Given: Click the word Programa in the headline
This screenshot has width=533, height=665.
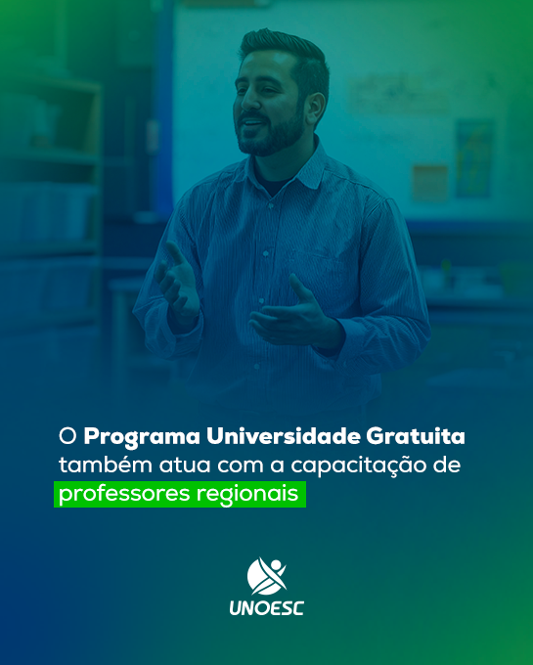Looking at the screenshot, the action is coord(142,437).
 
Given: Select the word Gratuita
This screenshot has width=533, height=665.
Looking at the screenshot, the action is coord(416,435).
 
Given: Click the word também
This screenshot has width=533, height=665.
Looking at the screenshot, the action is coord(106,464).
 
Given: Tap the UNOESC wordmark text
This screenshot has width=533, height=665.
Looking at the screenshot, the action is coord(266,608).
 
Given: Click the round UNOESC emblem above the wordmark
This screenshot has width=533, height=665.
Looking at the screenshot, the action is coord(267,576).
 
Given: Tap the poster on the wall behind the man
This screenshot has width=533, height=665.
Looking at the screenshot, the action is coord(474,159).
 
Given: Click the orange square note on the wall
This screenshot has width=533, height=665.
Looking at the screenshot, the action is coord(429,183).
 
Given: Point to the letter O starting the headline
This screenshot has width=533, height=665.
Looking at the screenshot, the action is coord(67,436).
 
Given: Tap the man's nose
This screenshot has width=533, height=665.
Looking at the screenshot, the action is coord(249,100).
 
